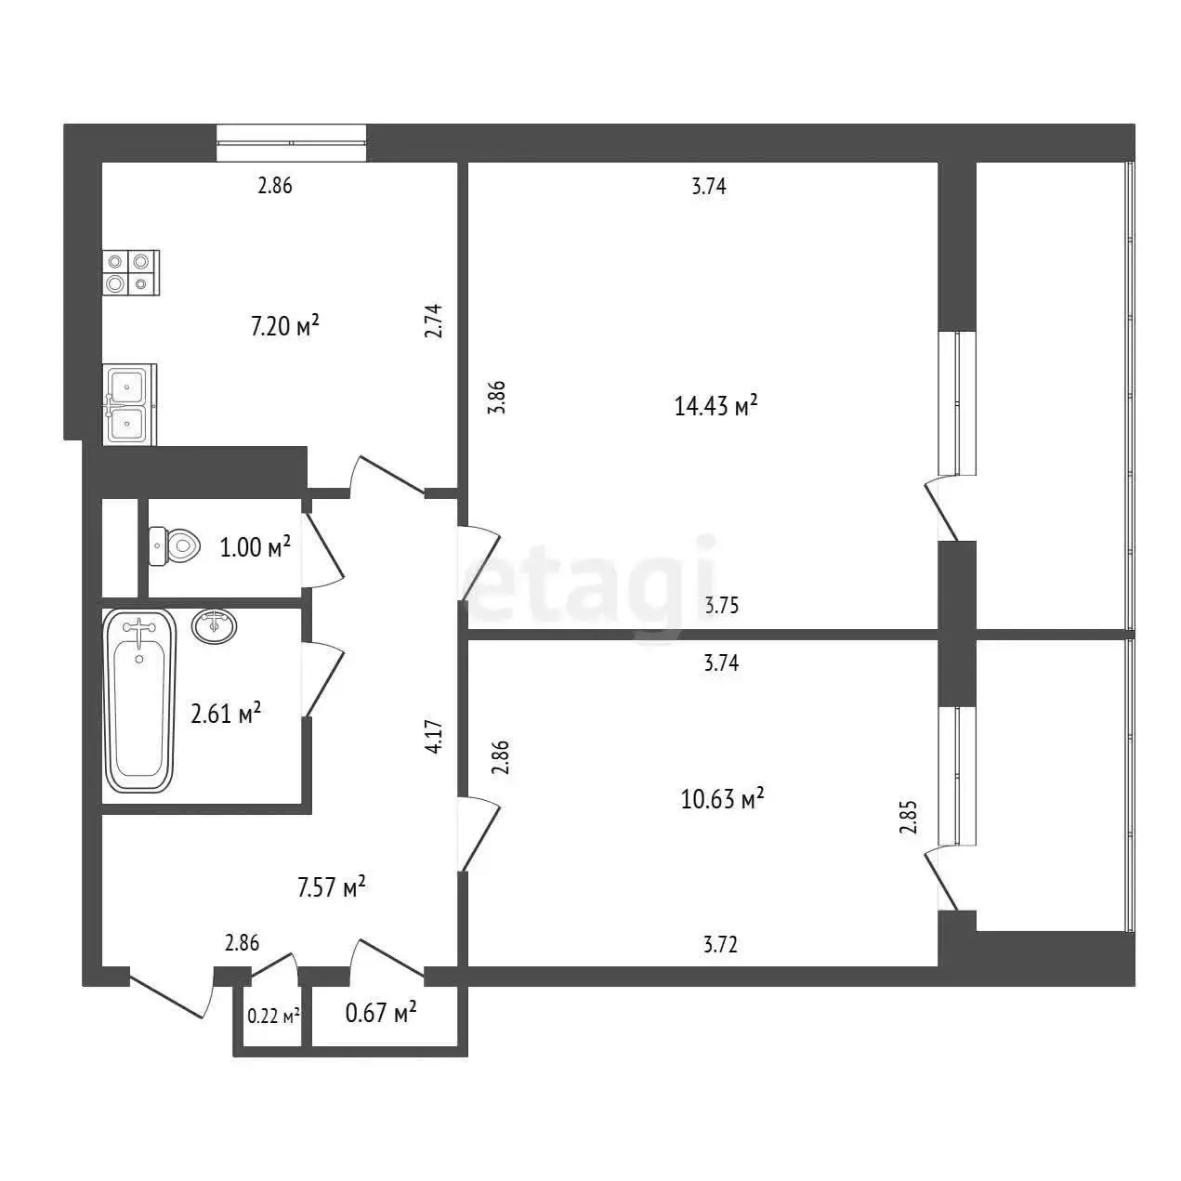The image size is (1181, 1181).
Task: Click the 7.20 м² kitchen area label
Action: pos(285,326)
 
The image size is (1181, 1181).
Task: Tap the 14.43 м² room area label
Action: pos(716,406)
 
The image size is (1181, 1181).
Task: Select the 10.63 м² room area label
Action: pos(723,798)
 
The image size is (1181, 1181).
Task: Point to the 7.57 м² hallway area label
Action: pos(332,886)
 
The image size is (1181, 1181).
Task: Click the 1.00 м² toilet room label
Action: pos(255,546)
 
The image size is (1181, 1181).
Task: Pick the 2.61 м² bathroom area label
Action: pos(226,714)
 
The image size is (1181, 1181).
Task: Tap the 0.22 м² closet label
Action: pos(273,1017)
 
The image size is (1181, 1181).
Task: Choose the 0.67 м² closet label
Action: pos(381,1013)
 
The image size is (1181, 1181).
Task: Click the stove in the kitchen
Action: pos(131,273)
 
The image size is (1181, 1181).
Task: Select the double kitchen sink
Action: pos(130,404)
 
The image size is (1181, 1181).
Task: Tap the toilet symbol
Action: pos(176,545)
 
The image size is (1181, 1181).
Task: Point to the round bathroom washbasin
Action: pos(215,626)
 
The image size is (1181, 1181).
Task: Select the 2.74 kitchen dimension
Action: pos(433,321)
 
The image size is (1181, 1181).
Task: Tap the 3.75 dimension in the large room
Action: pos(721,606)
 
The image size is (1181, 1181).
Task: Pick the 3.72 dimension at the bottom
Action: pos(720,944)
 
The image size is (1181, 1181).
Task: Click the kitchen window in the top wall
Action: pos(292,143)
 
